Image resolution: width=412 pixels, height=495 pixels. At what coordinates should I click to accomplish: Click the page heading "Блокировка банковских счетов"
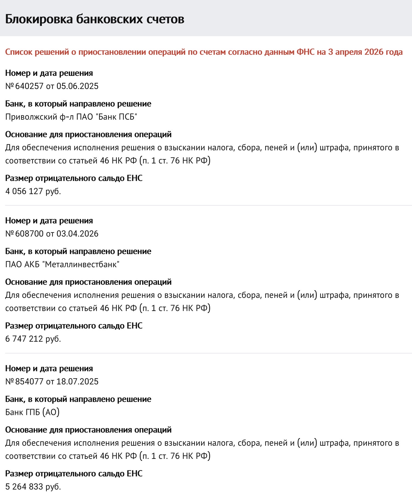pyautogui.click(x=95, y=19)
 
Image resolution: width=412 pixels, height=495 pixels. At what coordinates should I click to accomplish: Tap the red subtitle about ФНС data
pyautogui.click(x=204, y=52)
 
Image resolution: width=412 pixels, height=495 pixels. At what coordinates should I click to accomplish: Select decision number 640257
pyautogui.click(x=29, y=86)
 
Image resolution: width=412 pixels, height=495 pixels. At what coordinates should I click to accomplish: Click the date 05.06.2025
pyautogui.click(x=77, y=86)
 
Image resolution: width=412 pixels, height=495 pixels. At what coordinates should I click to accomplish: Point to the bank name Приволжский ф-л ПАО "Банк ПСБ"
pyautogui.click(x=71, y=117)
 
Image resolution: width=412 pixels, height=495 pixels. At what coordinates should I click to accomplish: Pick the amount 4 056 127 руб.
pyautogui.click(x=33, y=191)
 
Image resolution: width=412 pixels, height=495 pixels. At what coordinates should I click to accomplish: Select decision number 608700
pyautogui.click(x=29, y=234)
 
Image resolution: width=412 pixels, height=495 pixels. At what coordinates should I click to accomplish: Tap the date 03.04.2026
pyautogui.click(x=77, y=234)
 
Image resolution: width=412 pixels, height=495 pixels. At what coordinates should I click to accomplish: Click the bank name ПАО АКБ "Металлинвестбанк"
pyautogui.click(x=62, y=264)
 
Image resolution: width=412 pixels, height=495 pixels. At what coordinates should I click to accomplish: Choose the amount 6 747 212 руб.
pyautogui.click(x=33, y=339)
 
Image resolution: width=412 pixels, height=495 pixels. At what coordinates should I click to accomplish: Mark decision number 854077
pyautogui.click(x=29, y=381)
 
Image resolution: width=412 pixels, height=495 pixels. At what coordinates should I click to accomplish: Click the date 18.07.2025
pyautogui.click(x=77, y=381)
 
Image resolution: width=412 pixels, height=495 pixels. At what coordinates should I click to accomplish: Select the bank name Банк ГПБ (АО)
pyautogui.click(x=32, y=412)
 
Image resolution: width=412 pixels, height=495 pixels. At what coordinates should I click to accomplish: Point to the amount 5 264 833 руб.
pyautogui.click(x=33, y=487)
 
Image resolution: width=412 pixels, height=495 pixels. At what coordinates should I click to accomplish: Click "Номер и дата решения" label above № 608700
pyautogui.click(x=49, y=221)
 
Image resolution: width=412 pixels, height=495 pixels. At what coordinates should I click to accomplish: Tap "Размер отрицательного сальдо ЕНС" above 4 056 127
pyautogui.click(x=74, y=178)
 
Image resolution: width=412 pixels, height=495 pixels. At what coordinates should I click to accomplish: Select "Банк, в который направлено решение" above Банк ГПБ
pyautogui.click(x=78, y=399)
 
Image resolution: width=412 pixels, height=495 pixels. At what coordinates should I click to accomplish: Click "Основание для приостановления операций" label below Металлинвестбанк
pyautogui.click(x=88, y=282)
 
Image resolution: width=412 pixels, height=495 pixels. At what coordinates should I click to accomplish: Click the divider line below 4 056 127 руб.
pyautogui.click(x=208, y=205)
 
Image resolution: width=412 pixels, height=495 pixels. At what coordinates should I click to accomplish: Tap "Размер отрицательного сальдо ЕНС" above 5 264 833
pyautogui.click(x=74, y=474)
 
